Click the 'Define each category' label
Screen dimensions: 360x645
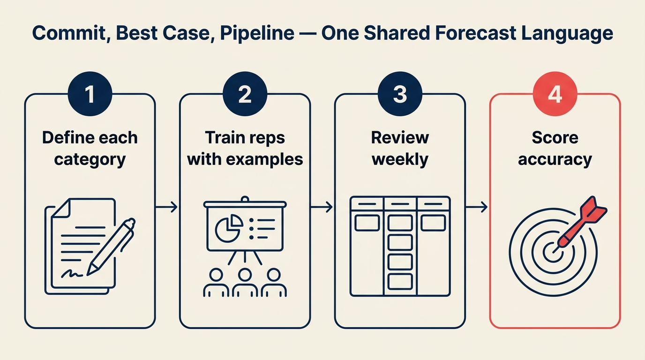(x=90, y=148)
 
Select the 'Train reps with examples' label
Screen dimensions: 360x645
(x=245, y=148)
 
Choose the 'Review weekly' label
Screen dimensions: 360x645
(x=400, y=148)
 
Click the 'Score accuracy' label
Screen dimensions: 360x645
(x=555, y=148)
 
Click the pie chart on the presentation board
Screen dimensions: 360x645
(x=228, y=228)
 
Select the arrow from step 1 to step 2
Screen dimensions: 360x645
(x=167, y=207)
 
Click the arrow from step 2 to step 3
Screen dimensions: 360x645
(x=322, y=207)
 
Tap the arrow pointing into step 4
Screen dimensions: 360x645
(x=477, y=207)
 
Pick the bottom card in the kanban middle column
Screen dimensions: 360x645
(x=400, y=281)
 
